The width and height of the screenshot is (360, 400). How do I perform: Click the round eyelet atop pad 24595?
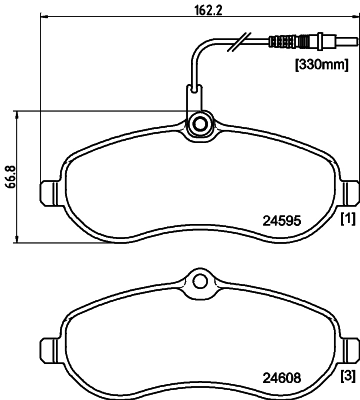(198, 125)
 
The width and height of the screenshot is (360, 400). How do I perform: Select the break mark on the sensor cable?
(234, 42)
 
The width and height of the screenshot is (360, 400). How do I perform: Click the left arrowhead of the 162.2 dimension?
(41, 19)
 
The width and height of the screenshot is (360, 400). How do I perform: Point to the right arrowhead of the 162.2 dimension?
(355, 19)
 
